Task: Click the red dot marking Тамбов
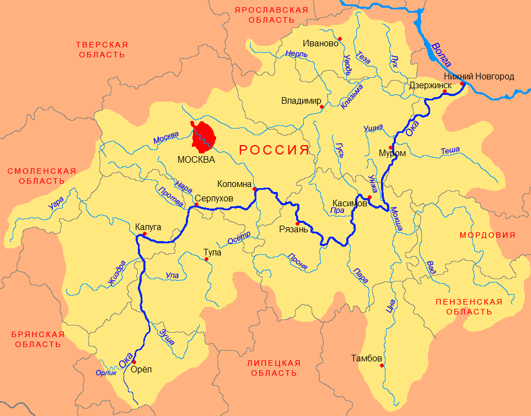[x=381, y=365]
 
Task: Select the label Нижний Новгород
[x=479, y=76]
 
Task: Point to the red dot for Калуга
[x=144, y=234]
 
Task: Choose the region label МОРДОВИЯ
[x=487, y=235]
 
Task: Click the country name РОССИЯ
[x=273, y=150]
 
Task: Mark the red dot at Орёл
[x=133, y=362]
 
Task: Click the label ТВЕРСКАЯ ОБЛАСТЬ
[x=101, y=50]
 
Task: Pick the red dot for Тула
[x=206, y=259]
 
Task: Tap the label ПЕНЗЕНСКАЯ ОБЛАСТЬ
[x=469, y=307]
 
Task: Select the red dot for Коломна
[x=254, y=189]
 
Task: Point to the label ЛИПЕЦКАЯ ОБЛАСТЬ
[x=274, y=367]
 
